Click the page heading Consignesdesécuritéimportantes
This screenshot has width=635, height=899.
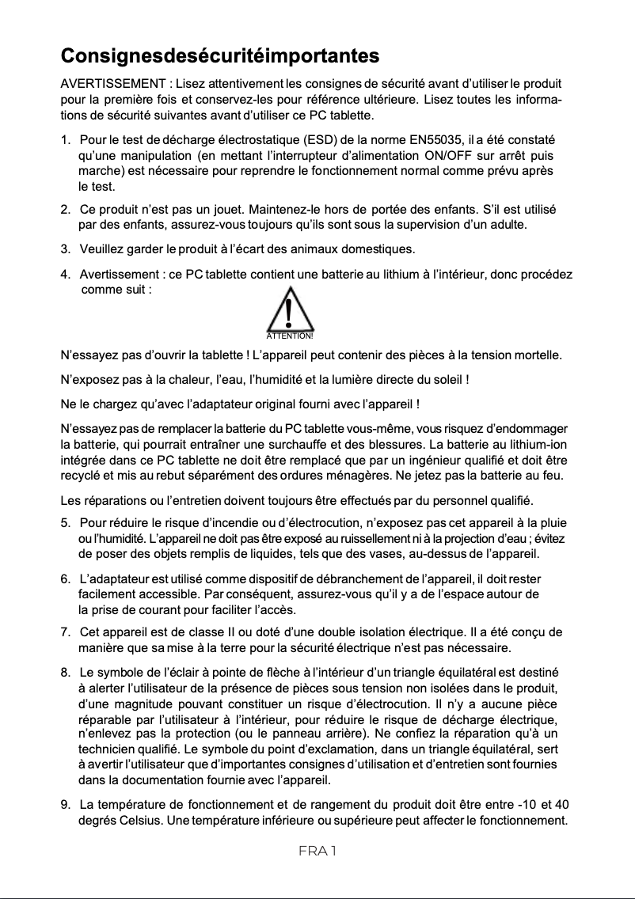220,56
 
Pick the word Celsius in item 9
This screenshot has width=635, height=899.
138,819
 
